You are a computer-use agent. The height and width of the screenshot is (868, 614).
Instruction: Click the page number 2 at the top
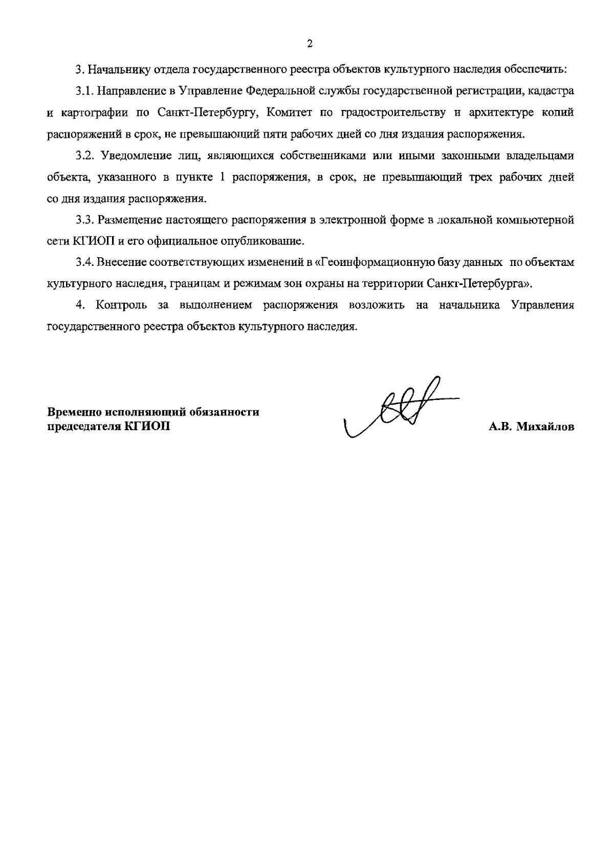coord(310,43)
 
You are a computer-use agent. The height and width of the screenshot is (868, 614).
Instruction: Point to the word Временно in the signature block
coord(75,412)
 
